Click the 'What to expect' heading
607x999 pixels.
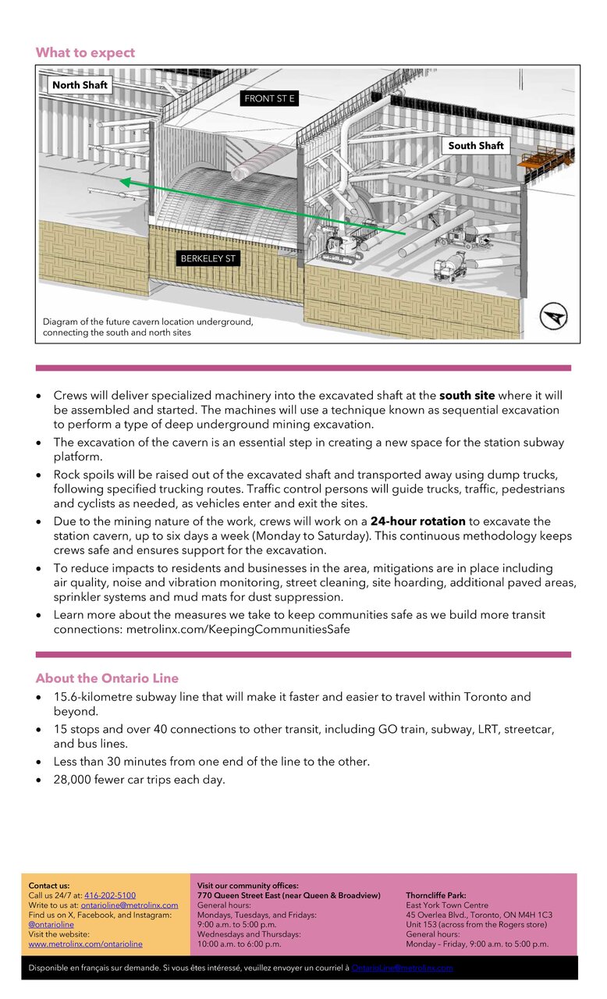tap(85, 53)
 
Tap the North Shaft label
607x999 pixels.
tap(80, 84)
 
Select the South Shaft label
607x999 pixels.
tap(476, 145)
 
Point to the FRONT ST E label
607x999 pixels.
tap(270, 99)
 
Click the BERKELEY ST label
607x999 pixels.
tap(208, 258)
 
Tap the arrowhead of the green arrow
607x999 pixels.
tap(125, 182)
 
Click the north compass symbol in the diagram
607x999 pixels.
tap(553, 317)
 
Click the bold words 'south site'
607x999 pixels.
tap(467, 396)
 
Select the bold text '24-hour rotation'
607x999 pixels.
tap(417, 521)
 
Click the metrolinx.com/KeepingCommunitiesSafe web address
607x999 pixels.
tap(238, 629)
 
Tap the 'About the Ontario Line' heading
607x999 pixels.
tap(107, 678)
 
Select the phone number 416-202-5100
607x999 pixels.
tap(110, 895)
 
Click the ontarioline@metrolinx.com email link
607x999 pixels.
tap(130, 905)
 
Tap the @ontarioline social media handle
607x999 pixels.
tap(51, 924)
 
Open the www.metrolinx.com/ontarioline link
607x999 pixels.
tap(86, 944)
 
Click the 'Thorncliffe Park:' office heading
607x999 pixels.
tap(436, 895)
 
